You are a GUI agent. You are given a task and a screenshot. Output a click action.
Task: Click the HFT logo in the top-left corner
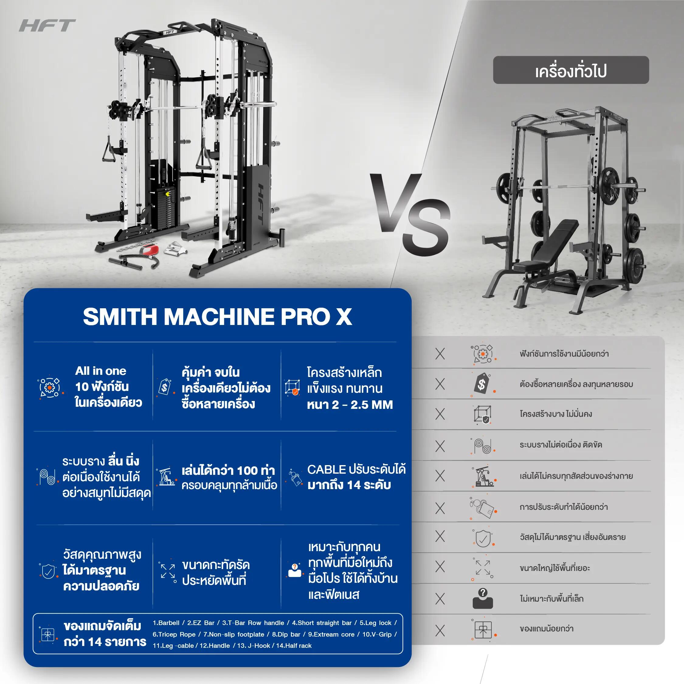coord(47,26)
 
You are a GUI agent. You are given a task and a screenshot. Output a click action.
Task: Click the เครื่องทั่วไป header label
coord(571,71)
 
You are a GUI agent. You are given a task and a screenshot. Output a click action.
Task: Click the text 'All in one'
coord(101,371)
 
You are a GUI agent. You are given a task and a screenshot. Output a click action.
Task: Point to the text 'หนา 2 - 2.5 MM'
coord(350,405)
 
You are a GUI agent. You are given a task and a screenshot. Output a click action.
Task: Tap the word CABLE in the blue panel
coord(326,469)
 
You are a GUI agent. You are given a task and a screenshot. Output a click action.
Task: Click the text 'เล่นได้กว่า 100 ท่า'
coord(228,471)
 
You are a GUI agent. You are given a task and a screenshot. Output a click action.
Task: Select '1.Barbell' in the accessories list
coord(166,633)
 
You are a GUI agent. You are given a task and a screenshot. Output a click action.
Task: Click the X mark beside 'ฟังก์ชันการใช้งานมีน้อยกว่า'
coord(440,354)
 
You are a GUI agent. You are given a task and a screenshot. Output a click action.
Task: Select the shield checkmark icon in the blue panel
coord(48,572)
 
